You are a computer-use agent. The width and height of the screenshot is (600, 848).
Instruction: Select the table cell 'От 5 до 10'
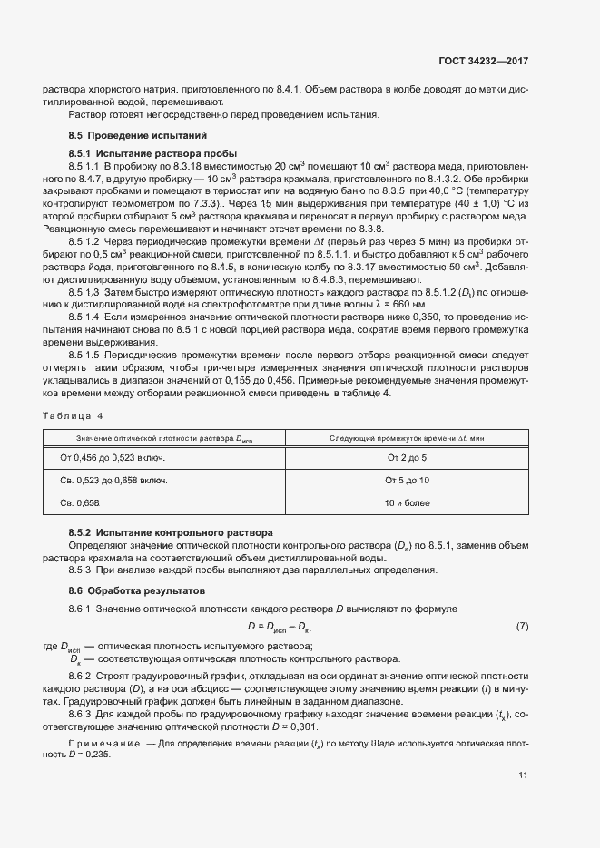407,480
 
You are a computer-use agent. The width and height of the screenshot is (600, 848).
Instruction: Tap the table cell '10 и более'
407,502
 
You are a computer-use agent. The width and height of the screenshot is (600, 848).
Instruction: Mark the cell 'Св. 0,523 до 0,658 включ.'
114,480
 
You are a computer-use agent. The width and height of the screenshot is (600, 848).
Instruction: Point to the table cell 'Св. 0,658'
79,502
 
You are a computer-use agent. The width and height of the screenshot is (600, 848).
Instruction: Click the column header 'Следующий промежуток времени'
406,439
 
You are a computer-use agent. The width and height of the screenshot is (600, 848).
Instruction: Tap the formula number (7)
522,627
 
